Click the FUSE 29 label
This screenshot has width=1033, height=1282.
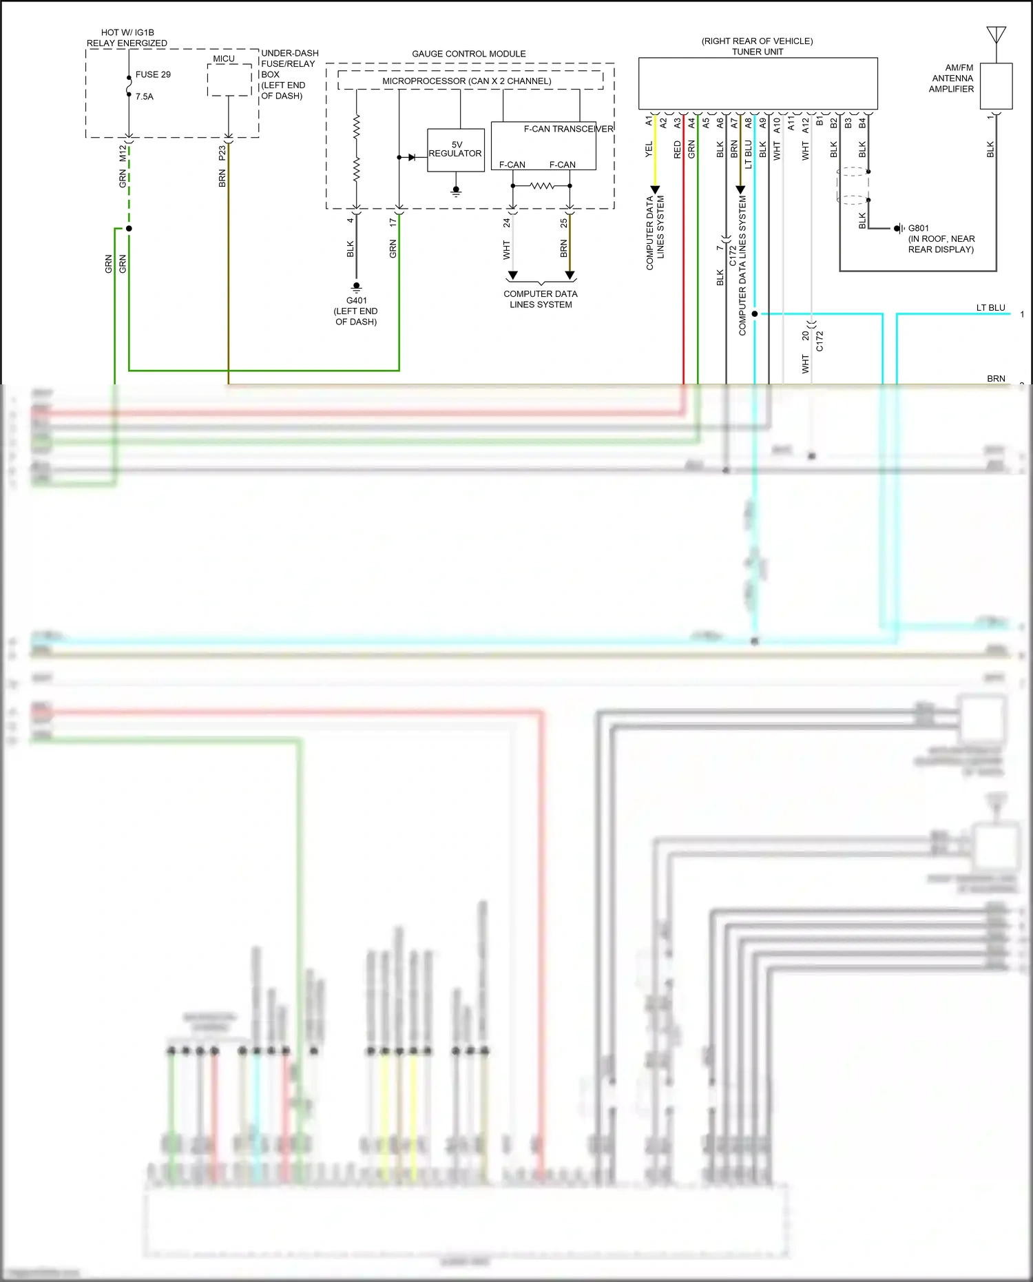(153, 74)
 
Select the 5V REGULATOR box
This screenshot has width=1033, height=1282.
(455, 149)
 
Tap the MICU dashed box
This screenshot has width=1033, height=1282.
(229, 80)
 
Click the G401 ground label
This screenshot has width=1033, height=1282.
(356, 301)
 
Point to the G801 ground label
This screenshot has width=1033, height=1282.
(918, 228)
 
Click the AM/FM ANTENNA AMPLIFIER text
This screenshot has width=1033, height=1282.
(952, 79)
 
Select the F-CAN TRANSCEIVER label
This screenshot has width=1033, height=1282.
(567, 129)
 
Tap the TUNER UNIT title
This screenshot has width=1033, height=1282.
(757, 52)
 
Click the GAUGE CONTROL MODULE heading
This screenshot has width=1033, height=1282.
(468, 54)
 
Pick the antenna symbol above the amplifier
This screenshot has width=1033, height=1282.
(996, 34)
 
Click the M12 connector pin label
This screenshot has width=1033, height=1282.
(123, 153)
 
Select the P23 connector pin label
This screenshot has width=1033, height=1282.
(222, 153)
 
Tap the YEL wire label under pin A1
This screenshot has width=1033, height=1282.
(649, 149)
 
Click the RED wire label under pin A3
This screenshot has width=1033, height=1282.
(677, 149)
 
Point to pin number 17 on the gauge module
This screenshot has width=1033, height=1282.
(393, 223)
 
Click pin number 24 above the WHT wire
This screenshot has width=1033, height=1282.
(506, 223)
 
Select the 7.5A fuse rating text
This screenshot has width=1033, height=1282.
(145, 96)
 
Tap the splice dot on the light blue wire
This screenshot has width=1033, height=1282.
(755, 313)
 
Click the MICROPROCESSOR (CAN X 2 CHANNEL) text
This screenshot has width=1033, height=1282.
(467, 81)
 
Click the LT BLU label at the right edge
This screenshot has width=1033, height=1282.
(990, 308)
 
